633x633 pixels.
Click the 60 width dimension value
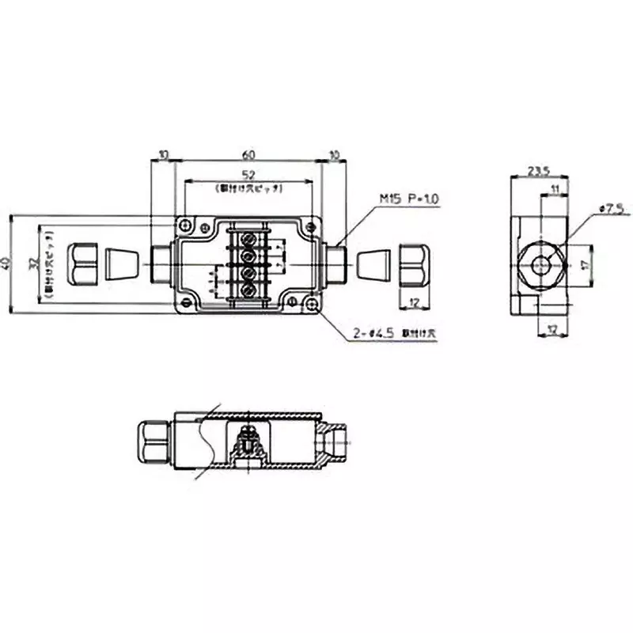(248, 154)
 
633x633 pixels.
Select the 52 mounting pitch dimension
(248, 175)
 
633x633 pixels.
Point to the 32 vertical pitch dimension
(34, 263)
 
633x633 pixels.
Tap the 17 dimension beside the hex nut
(584, 263)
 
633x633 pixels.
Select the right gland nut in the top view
(413, 263)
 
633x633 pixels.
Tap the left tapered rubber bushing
(119, 263)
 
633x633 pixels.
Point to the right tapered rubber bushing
(374, 263)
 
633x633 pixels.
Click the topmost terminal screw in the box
(248, 237)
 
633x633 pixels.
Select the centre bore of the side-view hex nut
(541, 264)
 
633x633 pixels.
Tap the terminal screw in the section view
(248, 437)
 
